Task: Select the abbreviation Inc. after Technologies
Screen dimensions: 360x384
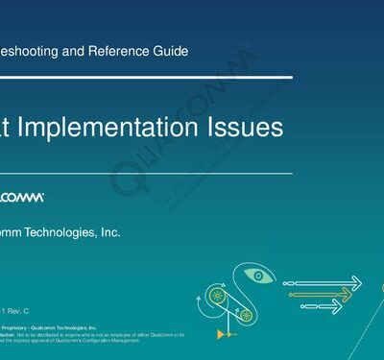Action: click(109, 231)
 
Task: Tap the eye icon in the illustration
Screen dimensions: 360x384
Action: click(257, 276)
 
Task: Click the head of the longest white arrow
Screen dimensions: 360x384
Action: click(356, 282)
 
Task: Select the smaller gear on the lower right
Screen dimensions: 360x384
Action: click(247, 314)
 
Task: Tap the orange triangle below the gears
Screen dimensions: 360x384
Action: click(221, 333)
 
